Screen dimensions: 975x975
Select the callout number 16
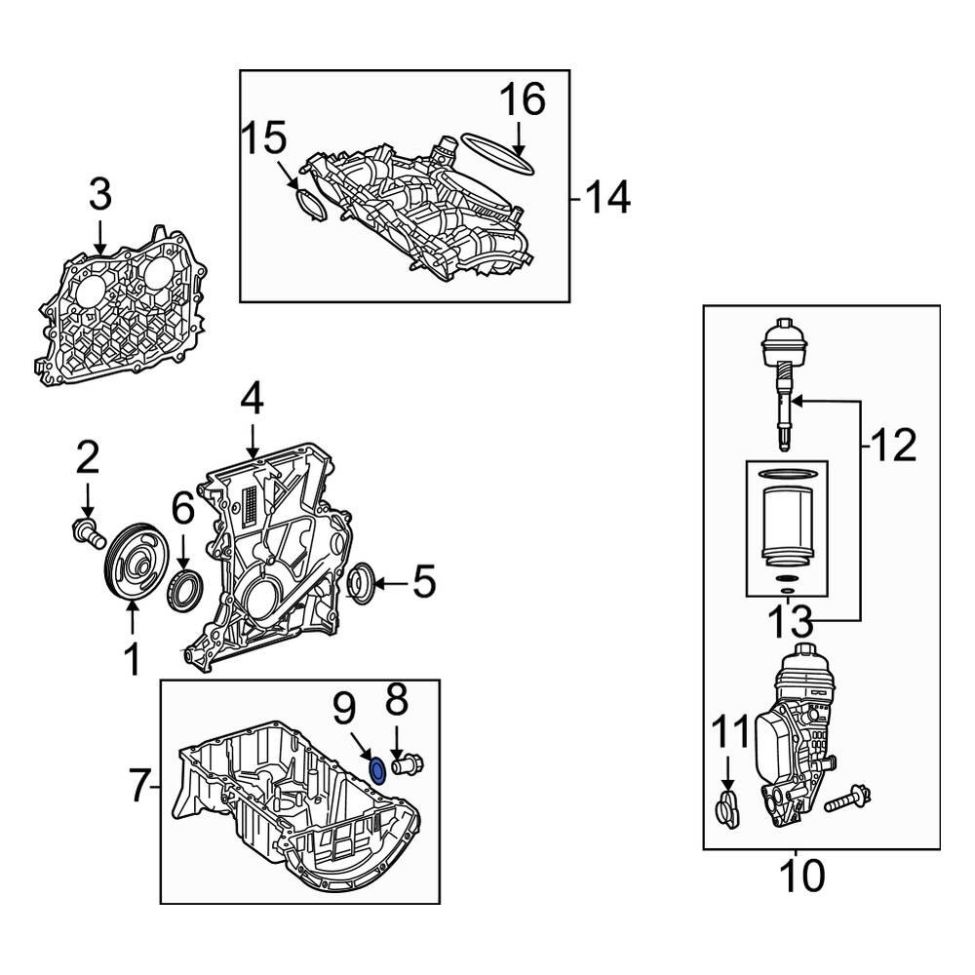(x=523, y=100)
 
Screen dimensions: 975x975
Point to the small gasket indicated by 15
(x=308, y=205)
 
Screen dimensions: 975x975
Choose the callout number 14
(x=607, y=198)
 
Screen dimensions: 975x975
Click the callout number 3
(x=100, y=195)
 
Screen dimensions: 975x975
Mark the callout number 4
(x=253, y=400)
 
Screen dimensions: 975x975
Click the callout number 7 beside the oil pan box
(x=142, y=786)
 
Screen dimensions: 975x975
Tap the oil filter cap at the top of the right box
(x=785, y=346)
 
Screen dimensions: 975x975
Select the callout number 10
(x=800, y=876)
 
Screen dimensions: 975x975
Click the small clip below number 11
(x=727, y=808)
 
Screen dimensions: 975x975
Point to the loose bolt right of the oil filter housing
(x=848, y=799)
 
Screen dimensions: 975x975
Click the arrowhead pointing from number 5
(x=380, y=584)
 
